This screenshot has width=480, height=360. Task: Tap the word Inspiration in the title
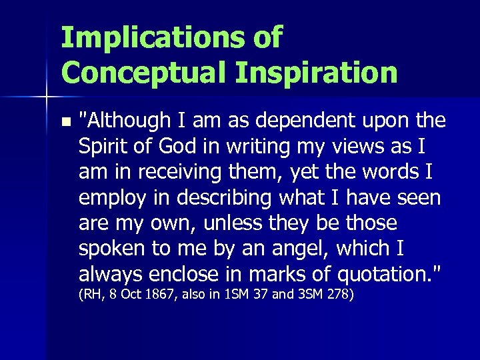(320, 71)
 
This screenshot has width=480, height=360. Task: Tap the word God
(173, 147)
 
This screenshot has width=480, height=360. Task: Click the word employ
(110, 197)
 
